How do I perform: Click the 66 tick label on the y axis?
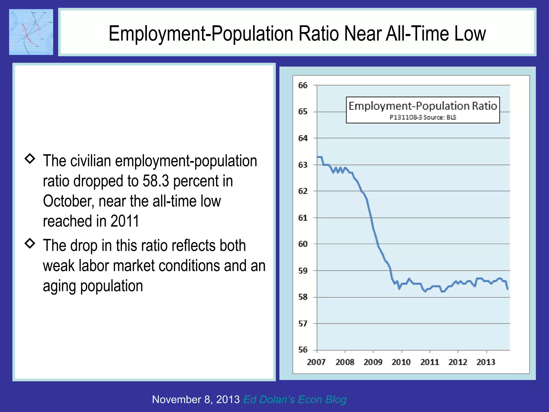(303, 85)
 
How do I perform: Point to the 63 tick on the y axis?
(303, 165)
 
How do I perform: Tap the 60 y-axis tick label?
(303, 244)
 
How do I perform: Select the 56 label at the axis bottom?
(303, 350)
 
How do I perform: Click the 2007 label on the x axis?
(316, 362)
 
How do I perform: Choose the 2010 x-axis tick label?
(401, 362)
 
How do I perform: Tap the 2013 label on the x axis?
(486, 362)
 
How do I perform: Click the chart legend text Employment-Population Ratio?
(423, 106)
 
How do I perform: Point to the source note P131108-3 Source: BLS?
(423, 117)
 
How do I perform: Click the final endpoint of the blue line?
(508, 289)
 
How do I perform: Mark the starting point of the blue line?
(317, 157)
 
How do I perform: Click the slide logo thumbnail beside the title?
(31, 32)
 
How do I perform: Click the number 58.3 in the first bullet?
(156, 181)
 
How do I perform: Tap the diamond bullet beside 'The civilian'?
(30, 159)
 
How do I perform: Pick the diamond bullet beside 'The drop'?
(30, 243)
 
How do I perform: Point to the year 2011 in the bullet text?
(125, 221)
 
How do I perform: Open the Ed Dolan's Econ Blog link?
(295, 399)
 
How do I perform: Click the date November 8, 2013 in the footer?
(196, 399)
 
